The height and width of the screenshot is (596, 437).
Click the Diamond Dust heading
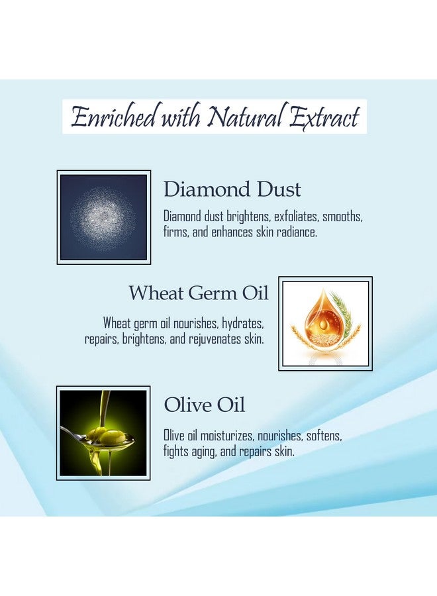tap(232, 190)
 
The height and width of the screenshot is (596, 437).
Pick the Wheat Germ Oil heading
tap(199, 293)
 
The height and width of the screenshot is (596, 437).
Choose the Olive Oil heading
tap(204, 405)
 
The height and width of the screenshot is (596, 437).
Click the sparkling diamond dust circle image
tap(103, 217)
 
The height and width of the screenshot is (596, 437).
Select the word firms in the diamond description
tap(175, 232)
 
